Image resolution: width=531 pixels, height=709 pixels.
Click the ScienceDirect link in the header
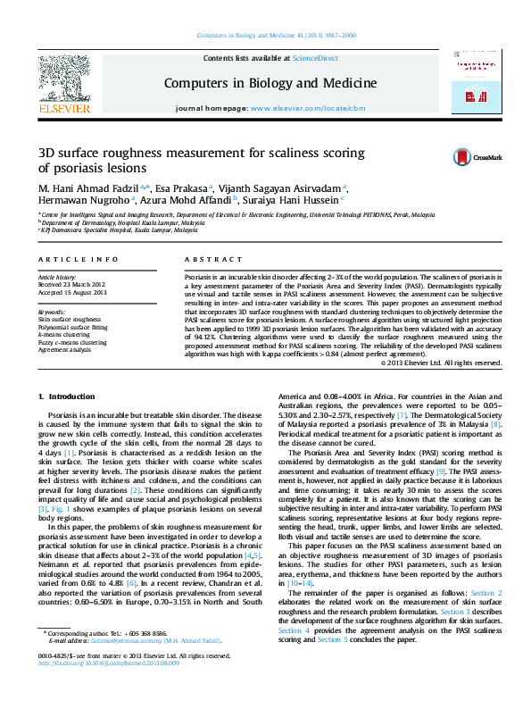pyautogui.click(x=316, y=58)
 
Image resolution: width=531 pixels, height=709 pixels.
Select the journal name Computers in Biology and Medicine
pyautogui.click(x=270, y=83)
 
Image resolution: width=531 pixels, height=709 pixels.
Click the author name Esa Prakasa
pyautogui.click(x=181, y=189)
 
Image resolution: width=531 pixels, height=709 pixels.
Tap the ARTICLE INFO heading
pyautogui.click(x=78, y=259)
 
